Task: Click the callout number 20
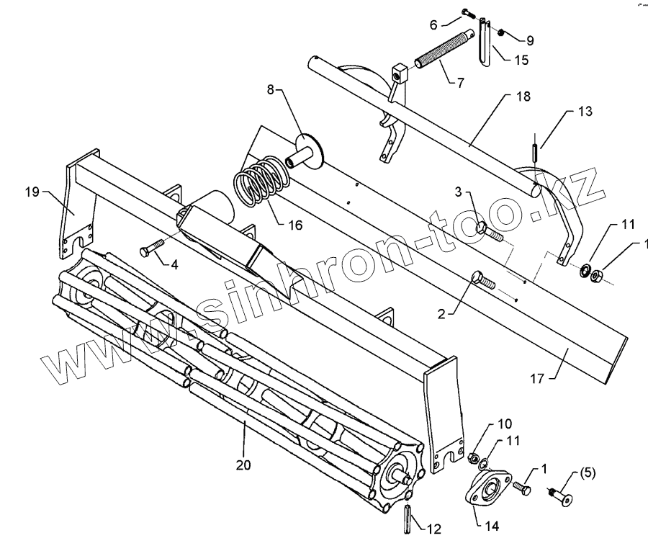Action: click(244, 465)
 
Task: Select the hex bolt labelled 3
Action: click(487, 230)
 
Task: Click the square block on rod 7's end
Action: click(397, 73)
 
